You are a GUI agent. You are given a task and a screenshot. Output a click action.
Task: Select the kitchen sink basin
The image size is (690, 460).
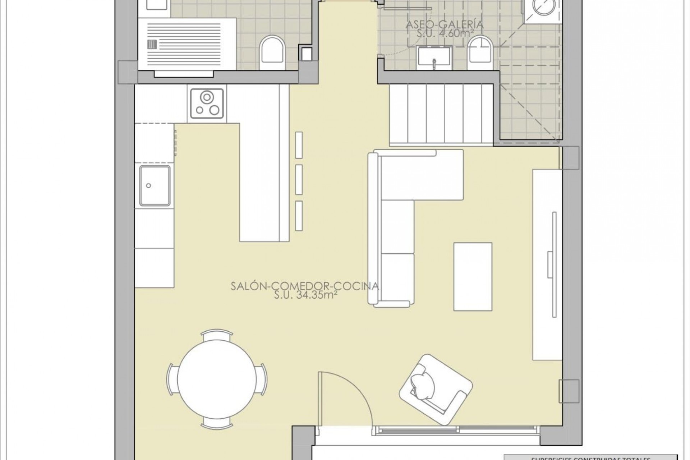click(x=155, y=185)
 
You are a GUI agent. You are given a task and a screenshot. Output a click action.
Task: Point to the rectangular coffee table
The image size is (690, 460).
click(x=473, y=276)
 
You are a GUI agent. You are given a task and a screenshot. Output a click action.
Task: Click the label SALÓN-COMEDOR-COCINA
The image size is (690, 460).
click(x=304, y=286)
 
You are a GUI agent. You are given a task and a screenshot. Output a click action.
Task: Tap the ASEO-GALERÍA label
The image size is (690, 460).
click(x=445, y=25)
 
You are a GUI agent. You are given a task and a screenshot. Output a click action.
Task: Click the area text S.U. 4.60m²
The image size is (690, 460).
click(x=445, y=33)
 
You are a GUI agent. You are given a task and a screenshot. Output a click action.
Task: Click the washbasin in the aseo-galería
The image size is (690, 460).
click(x=434, y=57)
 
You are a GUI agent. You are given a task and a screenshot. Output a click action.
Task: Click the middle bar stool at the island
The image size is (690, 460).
click(x=299, y=180)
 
